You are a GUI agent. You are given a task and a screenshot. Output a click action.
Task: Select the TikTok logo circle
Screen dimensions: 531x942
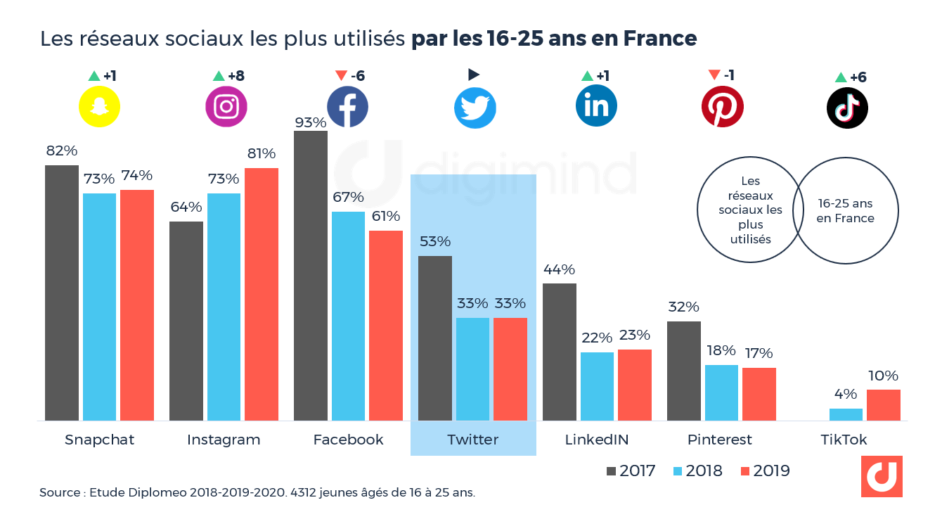tap(847, 108)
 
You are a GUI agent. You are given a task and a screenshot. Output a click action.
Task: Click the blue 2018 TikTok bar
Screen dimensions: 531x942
tap(846, 414)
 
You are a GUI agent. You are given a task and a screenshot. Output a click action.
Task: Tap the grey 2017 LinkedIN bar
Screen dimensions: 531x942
tap(560, 352)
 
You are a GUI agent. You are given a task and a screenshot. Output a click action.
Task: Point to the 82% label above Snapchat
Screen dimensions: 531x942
tap(61, 151)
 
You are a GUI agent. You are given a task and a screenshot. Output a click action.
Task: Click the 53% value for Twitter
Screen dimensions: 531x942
tap(434, 241)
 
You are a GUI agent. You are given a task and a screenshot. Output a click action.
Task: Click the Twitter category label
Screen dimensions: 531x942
tap(472, 440)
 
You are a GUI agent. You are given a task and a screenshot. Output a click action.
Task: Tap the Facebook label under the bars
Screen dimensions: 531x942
tap(349, 440)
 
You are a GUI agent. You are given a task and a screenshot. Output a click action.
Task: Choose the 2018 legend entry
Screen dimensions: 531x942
tap(695, 471)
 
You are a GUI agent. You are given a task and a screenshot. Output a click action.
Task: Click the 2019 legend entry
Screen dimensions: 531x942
tap(763, 471)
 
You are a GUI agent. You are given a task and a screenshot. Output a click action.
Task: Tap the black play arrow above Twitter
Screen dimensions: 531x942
tap(474, 74)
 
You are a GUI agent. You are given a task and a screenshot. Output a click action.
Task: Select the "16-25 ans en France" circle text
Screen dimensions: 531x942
tap(846, 211)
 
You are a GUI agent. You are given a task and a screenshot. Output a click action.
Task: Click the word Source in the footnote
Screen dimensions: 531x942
tap(59, 493)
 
